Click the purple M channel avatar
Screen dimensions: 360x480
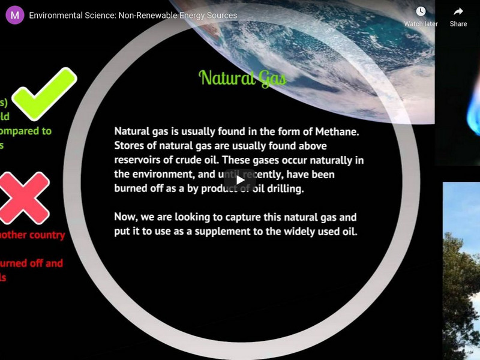point(15,15)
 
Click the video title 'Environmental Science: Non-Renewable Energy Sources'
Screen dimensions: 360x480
point(133,15)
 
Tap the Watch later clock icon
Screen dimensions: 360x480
point(421,11)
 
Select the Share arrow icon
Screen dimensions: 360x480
point(458,11)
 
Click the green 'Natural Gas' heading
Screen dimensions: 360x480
point(242,78)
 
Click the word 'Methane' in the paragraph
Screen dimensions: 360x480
point(340,131)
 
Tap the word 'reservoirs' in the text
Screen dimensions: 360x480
point(138,160)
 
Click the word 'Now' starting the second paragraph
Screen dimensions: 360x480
point(126,217)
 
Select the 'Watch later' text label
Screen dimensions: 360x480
point(421,24)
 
